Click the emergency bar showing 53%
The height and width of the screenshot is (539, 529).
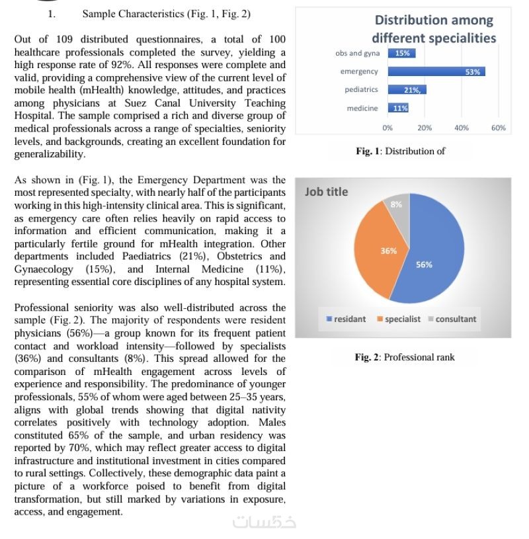coord(436,71)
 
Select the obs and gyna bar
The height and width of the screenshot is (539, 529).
coord(401,54)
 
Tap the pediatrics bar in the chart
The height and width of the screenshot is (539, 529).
coord(407,90)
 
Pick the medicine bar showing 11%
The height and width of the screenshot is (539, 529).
coord(398,108)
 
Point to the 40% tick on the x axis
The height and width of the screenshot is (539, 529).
coord(462,128)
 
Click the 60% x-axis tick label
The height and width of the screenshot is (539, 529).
coord(499,128)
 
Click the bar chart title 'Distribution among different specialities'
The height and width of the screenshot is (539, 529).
coord(434,29)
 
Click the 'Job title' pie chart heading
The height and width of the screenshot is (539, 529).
coord(326,192)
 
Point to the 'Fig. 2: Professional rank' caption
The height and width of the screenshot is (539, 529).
coord(405,357)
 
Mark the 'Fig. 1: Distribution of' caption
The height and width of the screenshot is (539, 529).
coord(400,151)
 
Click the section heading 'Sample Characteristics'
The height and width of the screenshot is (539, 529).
coord(166,13)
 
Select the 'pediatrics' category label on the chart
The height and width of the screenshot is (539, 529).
coord(361,90)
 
